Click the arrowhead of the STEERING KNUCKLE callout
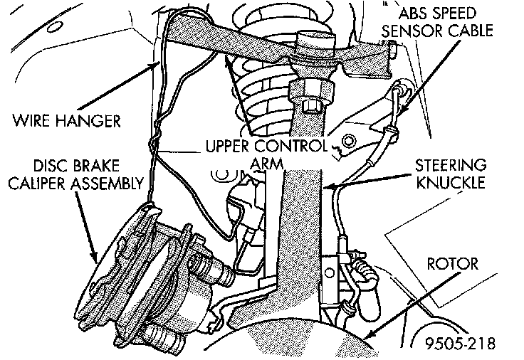tap(328, 186)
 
